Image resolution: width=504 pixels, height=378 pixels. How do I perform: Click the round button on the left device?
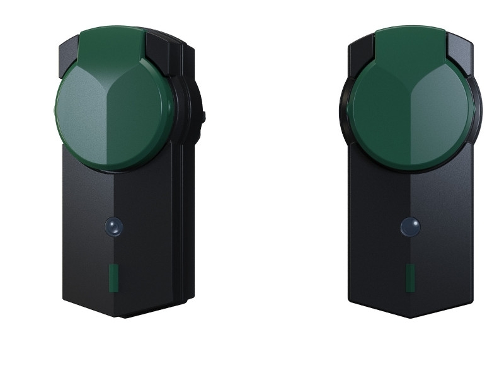point(114,227)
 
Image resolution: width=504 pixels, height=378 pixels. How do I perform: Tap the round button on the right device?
point(410,227)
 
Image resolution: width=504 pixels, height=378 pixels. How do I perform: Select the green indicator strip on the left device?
point(114,278)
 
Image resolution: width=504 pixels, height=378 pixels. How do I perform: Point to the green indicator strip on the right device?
point(410,278)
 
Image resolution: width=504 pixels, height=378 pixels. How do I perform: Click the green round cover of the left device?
point(113,113)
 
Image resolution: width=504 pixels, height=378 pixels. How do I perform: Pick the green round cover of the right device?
point(410,113)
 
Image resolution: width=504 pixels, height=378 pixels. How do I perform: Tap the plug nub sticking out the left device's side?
point(203,117)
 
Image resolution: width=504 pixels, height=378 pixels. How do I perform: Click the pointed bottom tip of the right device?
point(410,315)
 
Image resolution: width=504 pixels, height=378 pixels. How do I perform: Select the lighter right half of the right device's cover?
point(444,117)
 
